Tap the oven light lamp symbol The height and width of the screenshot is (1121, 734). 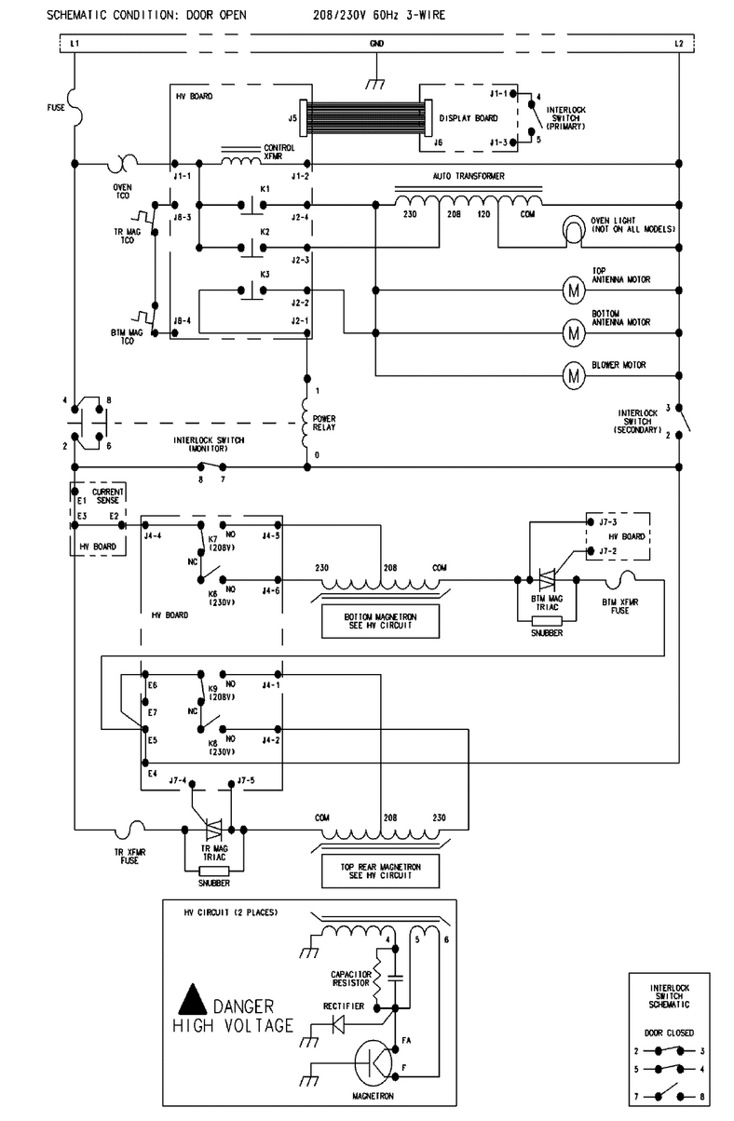[x=574, y=230]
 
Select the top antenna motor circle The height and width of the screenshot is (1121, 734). [x=574, y=290]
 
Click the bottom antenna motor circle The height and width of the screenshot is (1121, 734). [x=574, y=332]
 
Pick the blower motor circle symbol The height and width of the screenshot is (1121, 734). [x=574, y=375]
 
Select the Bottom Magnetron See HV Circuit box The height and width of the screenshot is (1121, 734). [x=381, y=621]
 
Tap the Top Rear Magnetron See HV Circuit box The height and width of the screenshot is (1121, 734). [x=381, y=871]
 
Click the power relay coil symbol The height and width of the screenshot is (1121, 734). [x=305, y=423]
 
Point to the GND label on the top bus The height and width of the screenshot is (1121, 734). [x=376, y=44]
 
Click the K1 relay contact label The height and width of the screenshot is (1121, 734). [x=265, y=189]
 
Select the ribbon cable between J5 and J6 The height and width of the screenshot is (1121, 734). [x=364, y=118]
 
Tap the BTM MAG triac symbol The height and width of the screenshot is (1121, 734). [x=547, y=580]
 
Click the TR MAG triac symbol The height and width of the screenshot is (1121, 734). [x=214, y=830]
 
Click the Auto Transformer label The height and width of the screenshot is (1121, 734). [x=469, y=176]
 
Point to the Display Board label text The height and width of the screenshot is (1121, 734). [x=469, y=118]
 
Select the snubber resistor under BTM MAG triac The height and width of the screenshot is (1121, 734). [x=547, y=621]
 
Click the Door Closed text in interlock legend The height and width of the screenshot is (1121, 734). [x=669, y=1033]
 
